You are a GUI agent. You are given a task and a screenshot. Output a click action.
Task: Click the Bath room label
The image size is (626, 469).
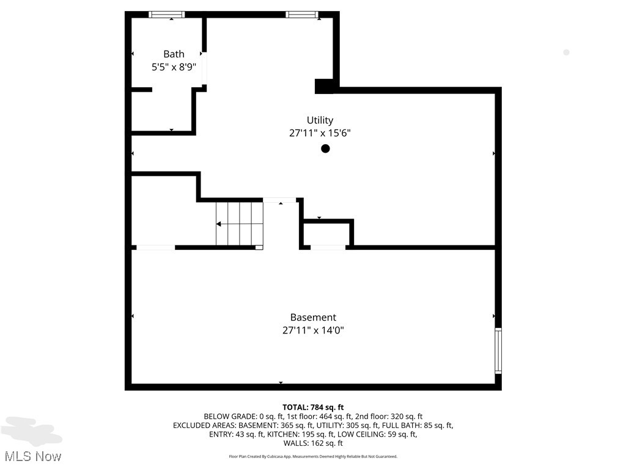(x=174, y=54)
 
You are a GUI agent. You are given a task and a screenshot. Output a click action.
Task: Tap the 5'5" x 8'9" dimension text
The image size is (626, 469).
(x=174, y=67)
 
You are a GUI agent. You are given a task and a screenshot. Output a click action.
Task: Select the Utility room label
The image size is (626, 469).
(x=320, y=120)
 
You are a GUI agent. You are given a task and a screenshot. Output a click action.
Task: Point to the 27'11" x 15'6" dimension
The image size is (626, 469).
(x=320, y=133)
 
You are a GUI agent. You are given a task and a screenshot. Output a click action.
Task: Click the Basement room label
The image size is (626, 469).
(x=313, y=318)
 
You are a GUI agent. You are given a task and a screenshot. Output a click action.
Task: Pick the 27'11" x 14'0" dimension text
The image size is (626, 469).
(x=313, y=330)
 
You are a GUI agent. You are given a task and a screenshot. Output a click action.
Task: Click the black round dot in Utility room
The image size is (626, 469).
(x=326, y=148)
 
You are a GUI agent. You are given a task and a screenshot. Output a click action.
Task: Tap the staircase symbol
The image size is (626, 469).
(x=239, y=224)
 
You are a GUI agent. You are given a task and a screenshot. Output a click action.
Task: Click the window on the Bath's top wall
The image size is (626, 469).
(x=167, y=15)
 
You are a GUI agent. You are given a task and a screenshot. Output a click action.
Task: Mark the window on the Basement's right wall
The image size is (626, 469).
(x=498, y=351)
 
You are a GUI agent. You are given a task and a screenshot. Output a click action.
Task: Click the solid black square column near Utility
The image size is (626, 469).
(x=325, y=86)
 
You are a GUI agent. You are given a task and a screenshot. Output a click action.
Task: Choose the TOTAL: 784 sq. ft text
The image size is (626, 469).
(x=313, y=407)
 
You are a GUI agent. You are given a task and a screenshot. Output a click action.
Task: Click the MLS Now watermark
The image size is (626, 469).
(x=32, y=456)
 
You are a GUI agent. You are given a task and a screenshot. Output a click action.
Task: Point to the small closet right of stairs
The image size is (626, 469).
(x=326, y=234)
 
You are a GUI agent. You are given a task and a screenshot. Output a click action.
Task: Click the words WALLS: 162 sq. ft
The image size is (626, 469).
(x=313, y=443)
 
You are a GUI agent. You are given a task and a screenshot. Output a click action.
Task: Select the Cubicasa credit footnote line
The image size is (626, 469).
(x=313, y=457)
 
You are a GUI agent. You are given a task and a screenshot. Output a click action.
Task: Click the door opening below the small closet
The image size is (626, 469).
(x=328, y=247)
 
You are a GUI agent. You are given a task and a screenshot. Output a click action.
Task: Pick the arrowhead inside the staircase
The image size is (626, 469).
(x=219, y=224)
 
